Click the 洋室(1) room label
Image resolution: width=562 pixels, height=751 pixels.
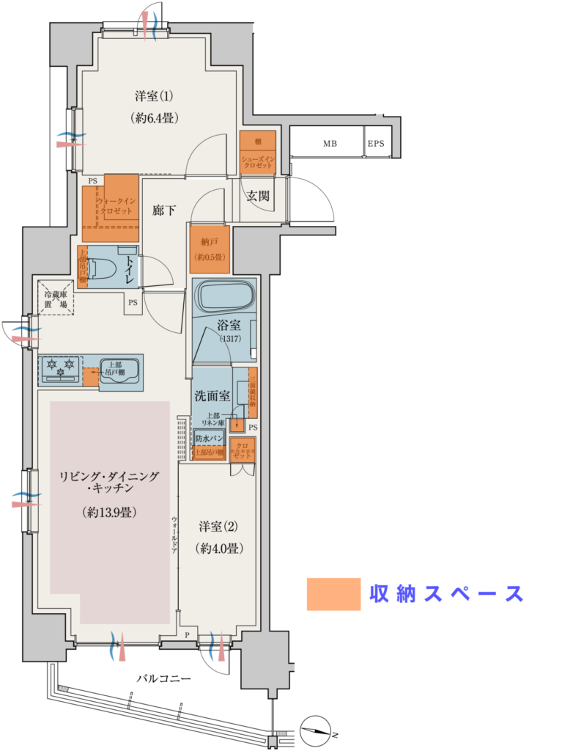pyautogui.click(x=153, y=96)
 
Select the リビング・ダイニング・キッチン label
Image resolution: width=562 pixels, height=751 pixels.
pyautogui.click(x=109, y=482)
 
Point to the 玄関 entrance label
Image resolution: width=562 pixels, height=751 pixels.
pyautogui.click(x=257, y=196)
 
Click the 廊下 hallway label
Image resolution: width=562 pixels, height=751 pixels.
pyautogui.click(x=164, y=210)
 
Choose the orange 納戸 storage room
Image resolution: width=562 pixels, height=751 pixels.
pyautogui.click(x=210, y=244)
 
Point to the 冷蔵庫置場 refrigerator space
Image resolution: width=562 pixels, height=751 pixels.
pyautogui.click(x=57, y=298)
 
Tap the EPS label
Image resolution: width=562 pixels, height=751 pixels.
pyautogui.click(x=376, y=144)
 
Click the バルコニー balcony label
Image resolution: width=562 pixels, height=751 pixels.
pyautogui.click(x=164, y=679)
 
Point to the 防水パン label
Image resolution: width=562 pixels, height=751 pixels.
pyautogui.click(x=208, y=439)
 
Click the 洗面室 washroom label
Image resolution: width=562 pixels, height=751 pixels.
pyautogui.click(x=212, y=396)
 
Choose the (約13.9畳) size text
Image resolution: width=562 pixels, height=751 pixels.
pyautogui.click(x=109, y=513)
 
